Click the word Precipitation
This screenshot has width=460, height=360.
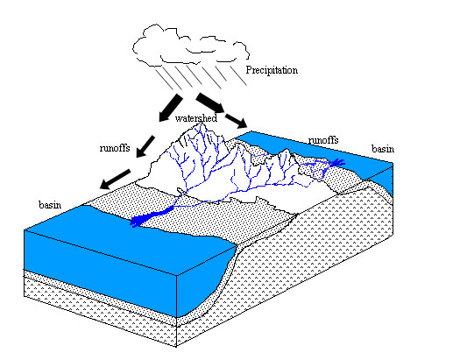tap(272, 70)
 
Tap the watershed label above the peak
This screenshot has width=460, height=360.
tap(196, 118)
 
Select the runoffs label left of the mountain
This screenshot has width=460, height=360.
tap(115, 148)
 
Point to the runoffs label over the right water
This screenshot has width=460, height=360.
tap(323, 140)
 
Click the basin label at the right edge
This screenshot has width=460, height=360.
tap(383, 149)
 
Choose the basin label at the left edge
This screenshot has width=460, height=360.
tap(50, 204)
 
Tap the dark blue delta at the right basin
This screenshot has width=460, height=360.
tap(337, 163)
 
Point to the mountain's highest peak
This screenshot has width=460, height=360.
tap(202, 124)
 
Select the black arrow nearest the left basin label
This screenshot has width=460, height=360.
tap(115, 179)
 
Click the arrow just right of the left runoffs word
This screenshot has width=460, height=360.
tap(145, 146)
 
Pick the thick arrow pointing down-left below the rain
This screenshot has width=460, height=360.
tap(171, 108)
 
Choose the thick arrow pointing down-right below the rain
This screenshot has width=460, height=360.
tap(210, 102)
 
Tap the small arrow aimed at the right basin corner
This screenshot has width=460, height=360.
tap(237, 121)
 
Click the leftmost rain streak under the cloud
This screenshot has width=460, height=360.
tap(165, 79)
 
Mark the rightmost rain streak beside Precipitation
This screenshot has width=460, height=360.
tap(238, 76)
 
